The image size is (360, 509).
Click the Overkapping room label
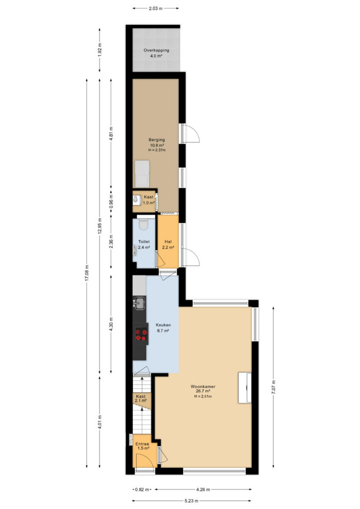tap(157, 50)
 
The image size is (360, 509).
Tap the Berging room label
tap(157, 140)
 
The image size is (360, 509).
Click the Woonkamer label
tap(203, 387)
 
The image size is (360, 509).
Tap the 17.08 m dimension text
tap(87, 273)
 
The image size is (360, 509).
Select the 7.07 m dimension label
tap(273, 387)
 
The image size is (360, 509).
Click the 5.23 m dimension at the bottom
tap(191, 501)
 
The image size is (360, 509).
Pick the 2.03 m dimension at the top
tap(156, 8)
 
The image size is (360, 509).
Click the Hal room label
tap(168, 242)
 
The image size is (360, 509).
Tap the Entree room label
tap(143, 444)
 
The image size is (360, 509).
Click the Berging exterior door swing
tap(191, 133)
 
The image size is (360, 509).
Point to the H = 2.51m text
tap(203, 396)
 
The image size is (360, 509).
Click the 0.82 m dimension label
tap(143, 490)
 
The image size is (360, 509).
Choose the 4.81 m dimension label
tap(111, 133)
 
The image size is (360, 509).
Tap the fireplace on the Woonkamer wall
tap(245, 388)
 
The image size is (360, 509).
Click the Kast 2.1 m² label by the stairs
tap(141, 398)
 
